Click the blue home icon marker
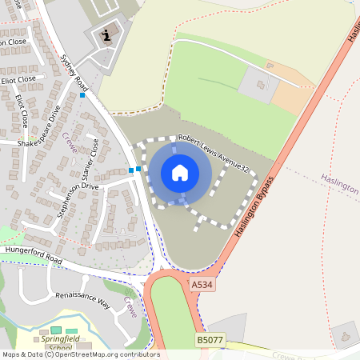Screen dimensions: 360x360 pos(180,172)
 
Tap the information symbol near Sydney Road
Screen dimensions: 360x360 pos(107,35)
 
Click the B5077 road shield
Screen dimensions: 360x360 pos(209,341)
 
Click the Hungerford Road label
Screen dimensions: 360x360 pos(33,255)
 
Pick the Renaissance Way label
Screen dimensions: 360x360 pos(82,300)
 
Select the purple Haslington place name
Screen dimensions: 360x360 pos(339,183)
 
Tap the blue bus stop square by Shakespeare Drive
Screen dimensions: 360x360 pos(82,95)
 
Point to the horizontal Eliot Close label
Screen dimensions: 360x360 pos(18,79)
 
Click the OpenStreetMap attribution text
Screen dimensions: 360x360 pos(80,354)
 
